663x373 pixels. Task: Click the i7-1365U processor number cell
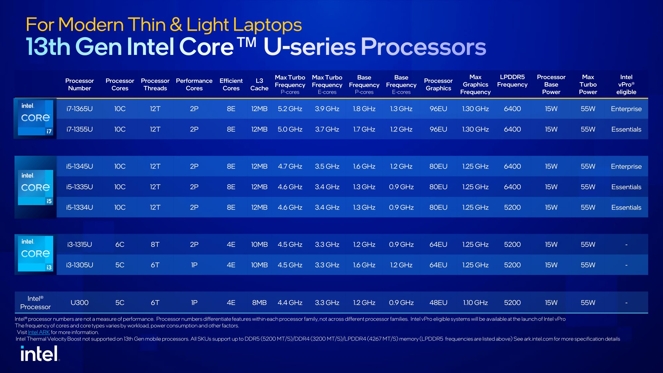[x=79, y=109]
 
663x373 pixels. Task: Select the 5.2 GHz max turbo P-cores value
[x=290, y=109]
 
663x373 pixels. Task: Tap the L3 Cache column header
[x=259, y=84]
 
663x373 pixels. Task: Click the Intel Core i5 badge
[x=35, y=188]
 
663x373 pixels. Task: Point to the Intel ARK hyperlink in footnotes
[x=39, y=332]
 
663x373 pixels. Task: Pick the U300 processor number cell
[x=79, y=303]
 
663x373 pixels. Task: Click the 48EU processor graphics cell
[x=438, y=303]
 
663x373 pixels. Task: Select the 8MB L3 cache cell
[x=259, y=303]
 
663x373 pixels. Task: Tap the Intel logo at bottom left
[x=40, y=354]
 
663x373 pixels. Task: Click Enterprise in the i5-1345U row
[x=626, y=166]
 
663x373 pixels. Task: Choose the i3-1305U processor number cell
[x=79, y=265]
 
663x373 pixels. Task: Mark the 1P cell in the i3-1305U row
[x=194, y=265]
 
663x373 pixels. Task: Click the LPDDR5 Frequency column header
[x=512, y=81]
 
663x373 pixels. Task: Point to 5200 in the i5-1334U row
[x=512, y=208]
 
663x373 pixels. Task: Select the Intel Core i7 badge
[x=35, y=118]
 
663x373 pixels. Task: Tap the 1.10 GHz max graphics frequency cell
[x=475, y=303]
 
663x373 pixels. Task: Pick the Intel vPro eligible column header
[x=626, y=84]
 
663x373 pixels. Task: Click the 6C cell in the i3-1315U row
[x=119, y=245]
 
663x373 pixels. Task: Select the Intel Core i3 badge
[x=35, y=254]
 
